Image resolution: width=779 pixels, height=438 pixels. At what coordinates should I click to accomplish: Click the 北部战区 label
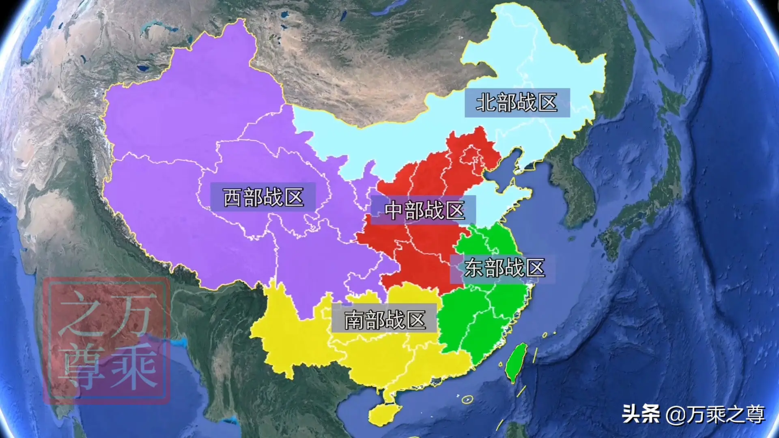point(517,103)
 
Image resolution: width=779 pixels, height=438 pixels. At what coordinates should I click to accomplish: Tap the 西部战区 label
point(263,198)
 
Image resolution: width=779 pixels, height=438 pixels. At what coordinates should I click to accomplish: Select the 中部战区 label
point(424,210)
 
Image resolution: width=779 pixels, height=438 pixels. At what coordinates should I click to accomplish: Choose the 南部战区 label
point(385,320)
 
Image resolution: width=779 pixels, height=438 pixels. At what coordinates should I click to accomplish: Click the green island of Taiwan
point(516,362)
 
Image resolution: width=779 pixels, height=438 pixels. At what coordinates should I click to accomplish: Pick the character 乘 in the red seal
point(134,365)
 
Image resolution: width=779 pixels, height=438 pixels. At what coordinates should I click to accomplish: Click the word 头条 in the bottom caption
point(641,414)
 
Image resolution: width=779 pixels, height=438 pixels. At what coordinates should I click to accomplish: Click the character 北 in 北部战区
point(486,103)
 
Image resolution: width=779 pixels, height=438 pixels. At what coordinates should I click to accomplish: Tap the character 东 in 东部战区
point(474,268)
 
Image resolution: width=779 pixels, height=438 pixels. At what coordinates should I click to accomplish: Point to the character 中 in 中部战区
point(394,210)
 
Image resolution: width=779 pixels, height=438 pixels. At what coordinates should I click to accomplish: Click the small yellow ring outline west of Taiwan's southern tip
point(467,399)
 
